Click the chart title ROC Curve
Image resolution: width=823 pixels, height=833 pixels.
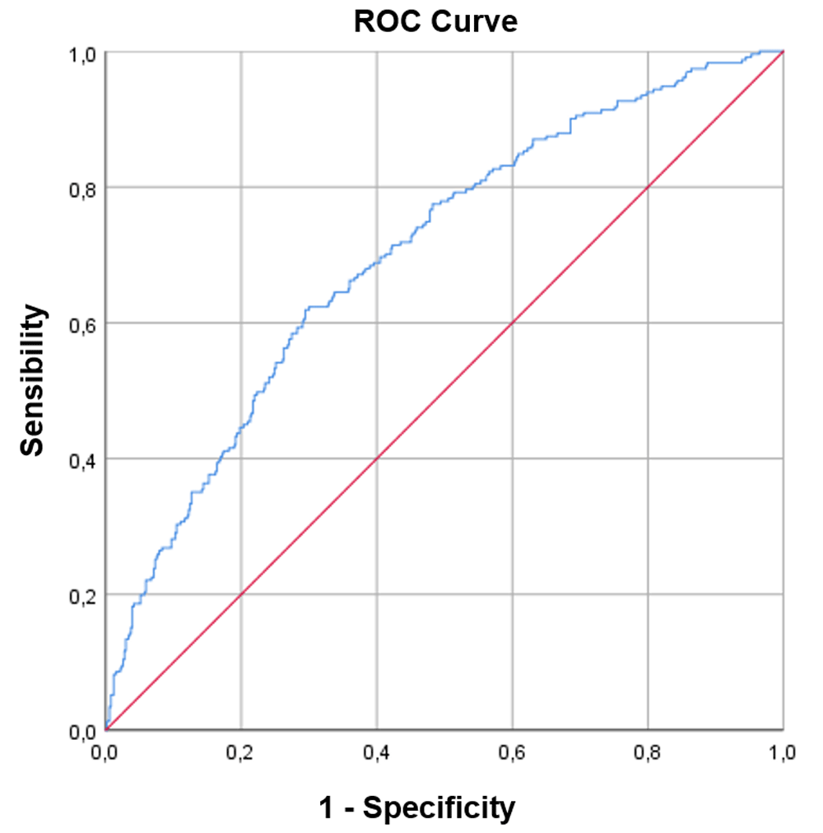click(435, 21)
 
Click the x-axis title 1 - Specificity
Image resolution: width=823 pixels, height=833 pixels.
click(416, 807)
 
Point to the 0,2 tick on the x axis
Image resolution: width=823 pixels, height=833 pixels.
click(241, 752)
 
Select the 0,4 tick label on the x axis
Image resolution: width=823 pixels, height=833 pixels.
click(377, 752)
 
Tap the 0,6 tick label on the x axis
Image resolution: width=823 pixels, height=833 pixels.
click(512, 752)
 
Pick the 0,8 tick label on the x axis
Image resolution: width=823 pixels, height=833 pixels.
click(648, 752)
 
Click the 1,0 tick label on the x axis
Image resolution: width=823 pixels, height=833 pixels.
click(783, 752)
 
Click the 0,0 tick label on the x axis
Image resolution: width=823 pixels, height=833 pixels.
click(105, 752)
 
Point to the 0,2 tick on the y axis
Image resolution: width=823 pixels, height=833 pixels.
click(81, 595)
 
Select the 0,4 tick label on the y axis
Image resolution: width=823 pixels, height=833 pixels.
click(81, 459)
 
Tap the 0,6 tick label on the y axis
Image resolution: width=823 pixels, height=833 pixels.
click(81, 323)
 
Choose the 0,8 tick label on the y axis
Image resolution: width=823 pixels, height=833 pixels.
click(81, 188)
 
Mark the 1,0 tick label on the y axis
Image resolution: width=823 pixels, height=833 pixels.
click(81, 53)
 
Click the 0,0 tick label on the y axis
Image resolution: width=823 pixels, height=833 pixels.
click(81, 731)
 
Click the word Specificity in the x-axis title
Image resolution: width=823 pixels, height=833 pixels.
click(439, 807)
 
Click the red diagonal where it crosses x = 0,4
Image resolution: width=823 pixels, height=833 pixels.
click(377, 458)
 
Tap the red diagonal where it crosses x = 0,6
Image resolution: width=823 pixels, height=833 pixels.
click(512, 323)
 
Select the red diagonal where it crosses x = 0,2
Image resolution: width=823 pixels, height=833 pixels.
click(241, 594)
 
